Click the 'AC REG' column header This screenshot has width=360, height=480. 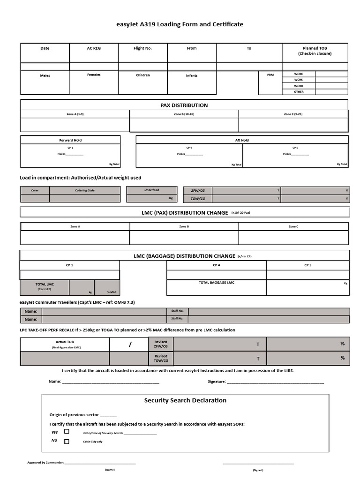pos(94,48)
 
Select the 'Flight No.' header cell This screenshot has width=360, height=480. pos(142,48)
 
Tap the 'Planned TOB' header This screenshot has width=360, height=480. pos(315,51)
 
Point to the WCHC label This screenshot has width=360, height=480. pos(299,74)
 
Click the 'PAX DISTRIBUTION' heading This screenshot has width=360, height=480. pos(184,105)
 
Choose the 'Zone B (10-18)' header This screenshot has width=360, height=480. pos(184,114)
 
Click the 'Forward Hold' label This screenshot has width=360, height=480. pos(70,140)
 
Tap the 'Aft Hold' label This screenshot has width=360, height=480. pos(242,140)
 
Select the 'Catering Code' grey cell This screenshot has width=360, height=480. pos(85,190)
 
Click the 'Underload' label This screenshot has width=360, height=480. pos(151,190)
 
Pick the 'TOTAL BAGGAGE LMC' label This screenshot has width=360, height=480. pos(217,283)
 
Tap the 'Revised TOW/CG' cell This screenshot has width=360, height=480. pos(161,359)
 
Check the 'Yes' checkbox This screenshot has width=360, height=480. pos(67,432)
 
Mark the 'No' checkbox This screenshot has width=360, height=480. pos(67,441)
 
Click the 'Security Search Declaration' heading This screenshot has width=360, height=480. pos(185,400)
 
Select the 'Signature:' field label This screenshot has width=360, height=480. pos(217,382)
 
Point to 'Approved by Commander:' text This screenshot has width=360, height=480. pos(45,463)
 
